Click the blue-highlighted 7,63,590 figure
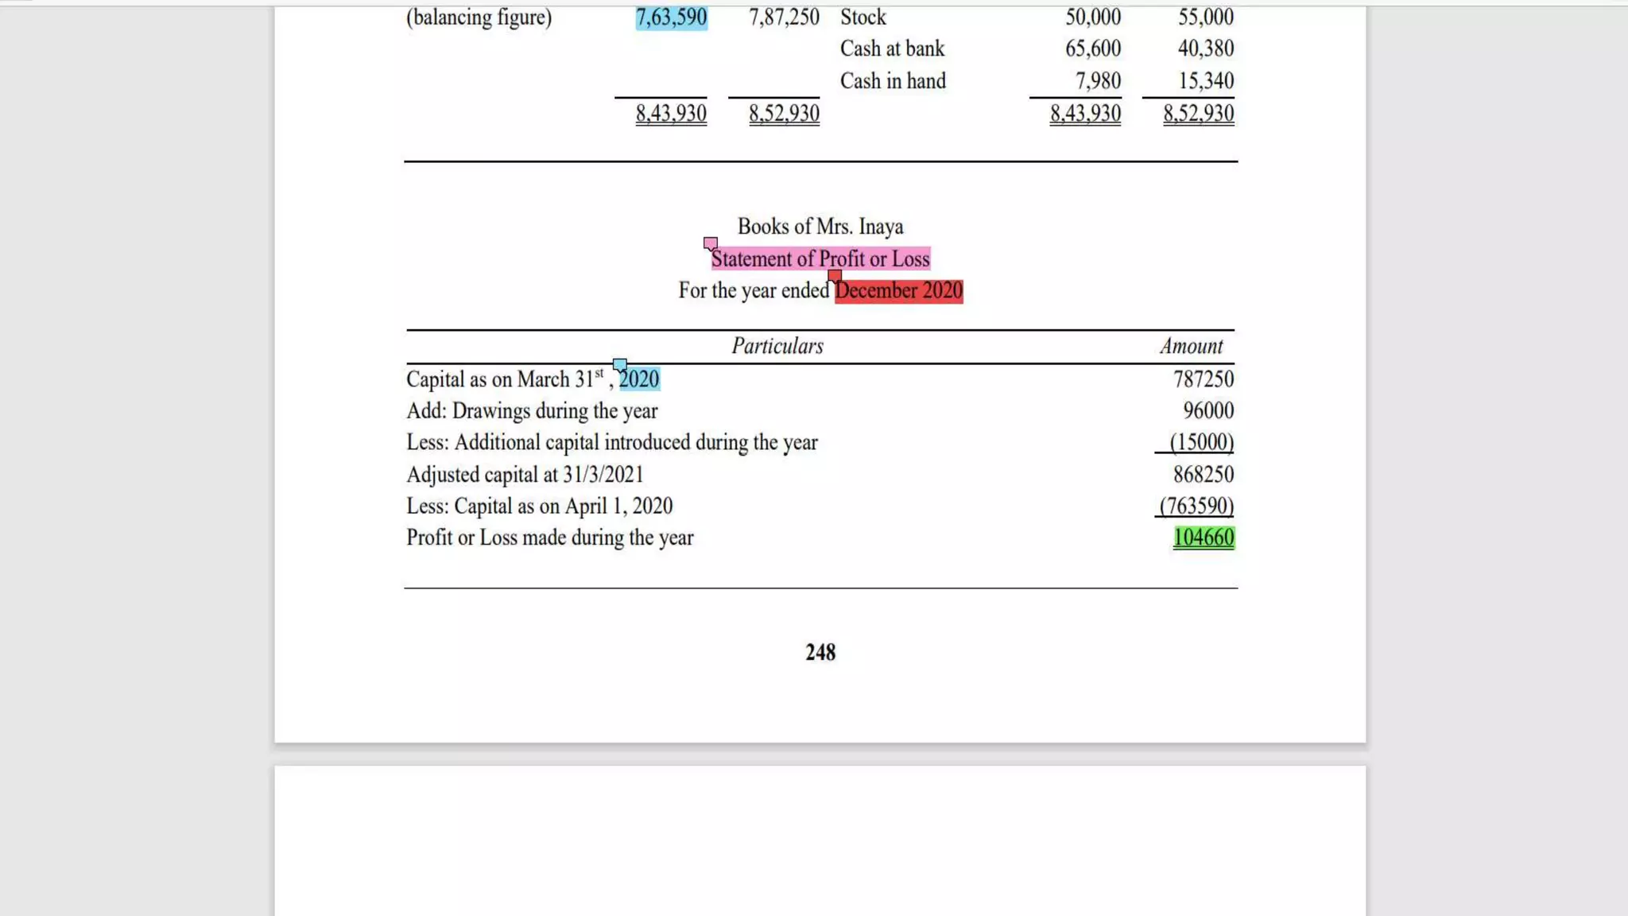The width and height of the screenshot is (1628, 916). [x=671, y=17]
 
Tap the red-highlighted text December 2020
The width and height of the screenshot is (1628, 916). [x=898, y=291]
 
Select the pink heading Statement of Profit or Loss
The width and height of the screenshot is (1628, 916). [x=820, y=259]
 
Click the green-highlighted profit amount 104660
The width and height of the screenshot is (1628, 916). [x=1204, y=538]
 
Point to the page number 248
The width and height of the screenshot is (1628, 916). [x=820, y=653]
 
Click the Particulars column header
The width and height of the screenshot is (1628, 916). [x=777, y=346]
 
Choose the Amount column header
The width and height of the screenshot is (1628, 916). [x=1191, y=346]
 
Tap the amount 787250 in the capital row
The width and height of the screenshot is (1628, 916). [x=1204, y=379]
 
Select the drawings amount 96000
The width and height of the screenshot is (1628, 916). [x=1208, y=411]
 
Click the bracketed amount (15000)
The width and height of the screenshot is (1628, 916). [x=1201, y=442]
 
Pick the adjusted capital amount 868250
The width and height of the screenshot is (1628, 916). [x=1204, y=475]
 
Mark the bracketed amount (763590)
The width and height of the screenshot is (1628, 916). [x=1196, y=506]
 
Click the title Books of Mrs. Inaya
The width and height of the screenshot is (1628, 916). [x=820, y=227]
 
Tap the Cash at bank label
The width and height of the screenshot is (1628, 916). [x=892, y=49]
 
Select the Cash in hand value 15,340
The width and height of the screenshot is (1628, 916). [x=1206, y=81]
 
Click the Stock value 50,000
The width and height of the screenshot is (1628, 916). [x=1093, y=17]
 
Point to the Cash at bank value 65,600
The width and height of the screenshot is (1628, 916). [x=1093, y=49]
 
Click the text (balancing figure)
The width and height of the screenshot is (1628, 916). [x=479, y=17]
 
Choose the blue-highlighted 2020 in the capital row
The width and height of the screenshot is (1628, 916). [x=639, y=379]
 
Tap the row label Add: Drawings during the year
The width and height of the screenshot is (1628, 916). [x=532, y=411]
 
